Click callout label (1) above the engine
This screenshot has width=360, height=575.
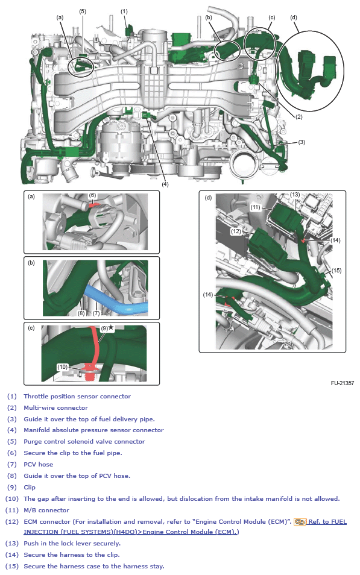pos(124,11)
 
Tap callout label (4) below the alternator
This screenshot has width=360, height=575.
pos(165,184)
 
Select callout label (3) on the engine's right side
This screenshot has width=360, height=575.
pos(302,142)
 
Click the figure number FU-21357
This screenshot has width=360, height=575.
pos(342,383)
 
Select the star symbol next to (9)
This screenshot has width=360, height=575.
pos(110,327)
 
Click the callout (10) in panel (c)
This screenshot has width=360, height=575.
pos(63,366)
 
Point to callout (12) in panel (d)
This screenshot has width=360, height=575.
pos(236,231)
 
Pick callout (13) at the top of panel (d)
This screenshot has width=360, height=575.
pos(295,195)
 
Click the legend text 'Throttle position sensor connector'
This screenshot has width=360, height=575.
pos(77,396)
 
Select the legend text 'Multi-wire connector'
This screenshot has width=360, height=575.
pos(55,407)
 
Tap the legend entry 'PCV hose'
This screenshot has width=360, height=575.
pos(38,464)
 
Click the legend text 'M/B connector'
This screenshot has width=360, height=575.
pos(46,510)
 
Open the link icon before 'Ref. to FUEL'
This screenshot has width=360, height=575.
pos(300,521)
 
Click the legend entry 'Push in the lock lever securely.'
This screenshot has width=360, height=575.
pos(72,544)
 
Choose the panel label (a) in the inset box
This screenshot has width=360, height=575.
pos(31,196)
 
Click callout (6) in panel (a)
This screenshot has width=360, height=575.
pos(93,196)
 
